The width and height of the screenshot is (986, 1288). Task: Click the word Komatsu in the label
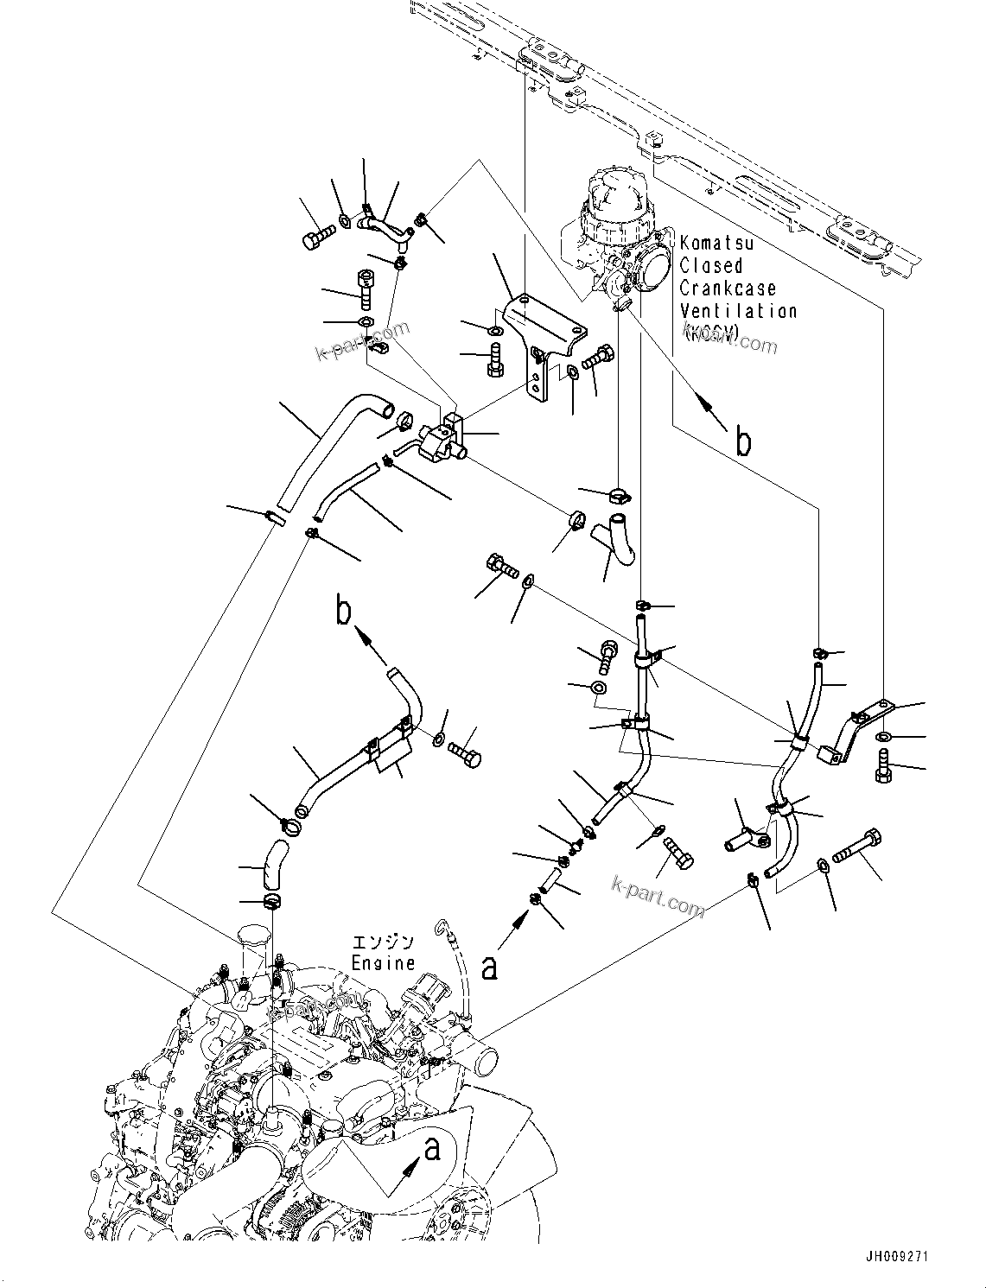click(716, 244)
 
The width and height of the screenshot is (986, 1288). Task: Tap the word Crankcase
click(728, 289)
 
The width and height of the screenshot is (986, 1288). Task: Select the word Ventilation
click(738, 311)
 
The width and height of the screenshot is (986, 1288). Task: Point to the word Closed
click(710, 266)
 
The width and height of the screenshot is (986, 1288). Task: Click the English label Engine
click(383, 962)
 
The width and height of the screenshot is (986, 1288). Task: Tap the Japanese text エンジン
click(383, 942)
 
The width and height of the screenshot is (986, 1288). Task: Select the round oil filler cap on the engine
click(249, 940)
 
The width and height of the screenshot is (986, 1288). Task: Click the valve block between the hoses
click(442, 435)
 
